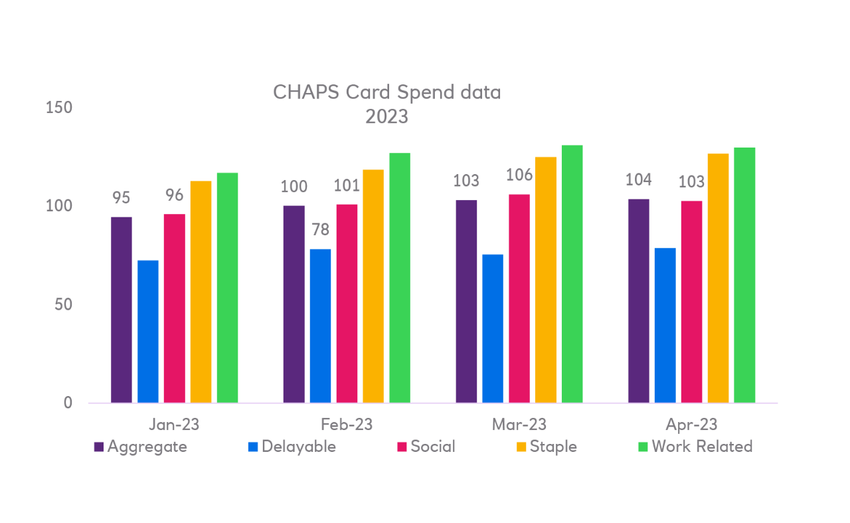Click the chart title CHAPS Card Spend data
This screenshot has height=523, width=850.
click(x=386, y=92)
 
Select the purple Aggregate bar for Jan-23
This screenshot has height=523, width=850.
click(x=122, y=310)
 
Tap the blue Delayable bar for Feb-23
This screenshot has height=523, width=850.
click(x=320, y=326)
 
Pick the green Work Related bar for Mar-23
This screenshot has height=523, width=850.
click(x=572, y=274)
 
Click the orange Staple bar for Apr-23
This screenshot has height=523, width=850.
click(x=718, y=278)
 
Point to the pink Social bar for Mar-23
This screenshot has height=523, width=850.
click(x=519, y=298)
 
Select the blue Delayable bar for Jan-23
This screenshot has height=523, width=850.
click(x=148, y=331)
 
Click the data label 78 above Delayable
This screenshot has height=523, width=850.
click(x=320, y=230)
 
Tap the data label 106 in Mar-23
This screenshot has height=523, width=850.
click(x=519, y=175)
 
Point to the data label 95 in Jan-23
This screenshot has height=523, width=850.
click(x=122, y=198)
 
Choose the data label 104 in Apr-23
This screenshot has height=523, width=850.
click(x=638, y=179)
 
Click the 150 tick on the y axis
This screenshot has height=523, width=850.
click(x=58, y=108)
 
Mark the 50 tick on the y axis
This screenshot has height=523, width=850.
click(x=58, y=304)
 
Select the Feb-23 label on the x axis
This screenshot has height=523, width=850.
click(x=347, y=425)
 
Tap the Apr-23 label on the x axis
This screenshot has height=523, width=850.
click(x=691, y=425)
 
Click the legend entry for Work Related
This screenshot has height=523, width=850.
click(x=702, y=447)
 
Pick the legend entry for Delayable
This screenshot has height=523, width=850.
click(x=299, y=447)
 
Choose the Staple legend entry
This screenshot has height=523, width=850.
click(x=553, y=447)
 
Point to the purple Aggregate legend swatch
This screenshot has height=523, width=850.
click(x=99, y=447)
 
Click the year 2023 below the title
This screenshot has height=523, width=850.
click(x=386, y=117)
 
